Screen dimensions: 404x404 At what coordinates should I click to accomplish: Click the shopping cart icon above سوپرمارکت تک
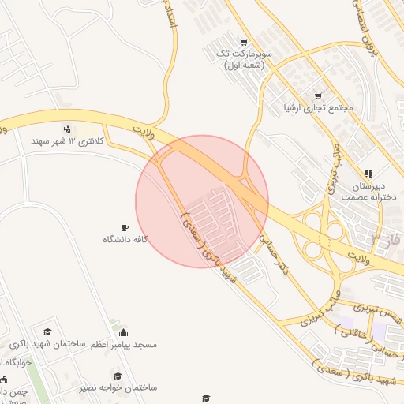(x=244, y=43)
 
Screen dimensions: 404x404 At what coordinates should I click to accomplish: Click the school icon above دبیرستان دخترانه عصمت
(x=368, y=174)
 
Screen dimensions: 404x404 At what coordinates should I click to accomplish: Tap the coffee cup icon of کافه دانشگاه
(x=125, y=227)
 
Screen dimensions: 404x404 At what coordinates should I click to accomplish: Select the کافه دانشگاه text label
(x=125, y=238)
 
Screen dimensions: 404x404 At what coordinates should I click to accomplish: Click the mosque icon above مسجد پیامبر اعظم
(x=123, y=333)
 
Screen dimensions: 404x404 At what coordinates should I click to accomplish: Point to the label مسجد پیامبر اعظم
(x=125, y=346)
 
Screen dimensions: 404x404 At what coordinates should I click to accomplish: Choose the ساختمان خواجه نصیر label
(x=118, y=388)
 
